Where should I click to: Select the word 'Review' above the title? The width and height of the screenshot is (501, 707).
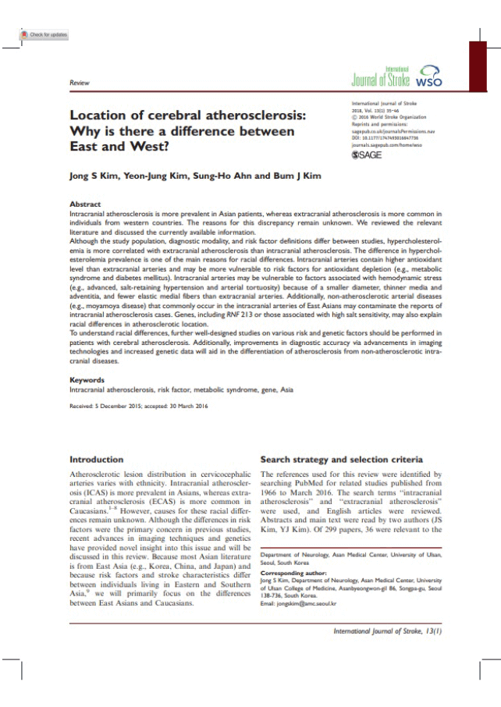coord(79,83)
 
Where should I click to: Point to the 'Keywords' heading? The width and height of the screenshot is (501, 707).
coord(87,380)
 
